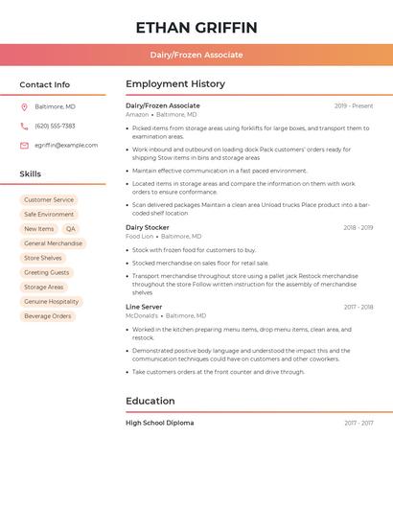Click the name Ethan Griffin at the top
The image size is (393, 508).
[x=196, y=27]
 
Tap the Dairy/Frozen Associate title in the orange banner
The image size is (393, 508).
[x=196, y=56]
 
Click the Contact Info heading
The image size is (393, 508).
[x=45, y=84]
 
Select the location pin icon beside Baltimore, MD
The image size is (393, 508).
[x=24, y=106]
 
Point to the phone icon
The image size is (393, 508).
[x=24, y=126]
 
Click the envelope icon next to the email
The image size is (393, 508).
[x=24, y=146]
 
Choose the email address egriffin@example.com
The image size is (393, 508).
[x=66, y=146]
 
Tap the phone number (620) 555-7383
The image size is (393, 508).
[x=55, y=126]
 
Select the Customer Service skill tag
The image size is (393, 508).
[x=49, y=200]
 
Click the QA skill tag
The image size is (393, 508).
[x=71, y=229]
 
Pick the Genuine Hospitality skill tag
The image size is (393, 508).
[x=52, y=301]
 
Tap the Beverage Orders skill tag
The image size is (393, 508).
[x=48, y=315]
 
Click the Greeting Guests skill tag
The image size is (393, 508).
[x=47, y=272]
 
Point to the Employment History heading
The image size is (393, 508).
[x=175, y=84]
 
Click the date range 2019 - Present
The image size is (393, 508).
[x=354, y=106]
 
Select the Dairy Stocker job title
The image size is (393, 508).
[x=148, y=228]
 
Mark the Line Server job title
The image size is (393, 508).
[x=145, y=308]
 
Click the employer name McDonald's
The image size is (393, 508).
[x=142, y=315]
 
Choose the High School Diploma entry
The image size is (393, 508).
[x=159, y=423]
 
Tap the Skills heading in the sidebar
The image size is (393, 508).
[x=31, y=174]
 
